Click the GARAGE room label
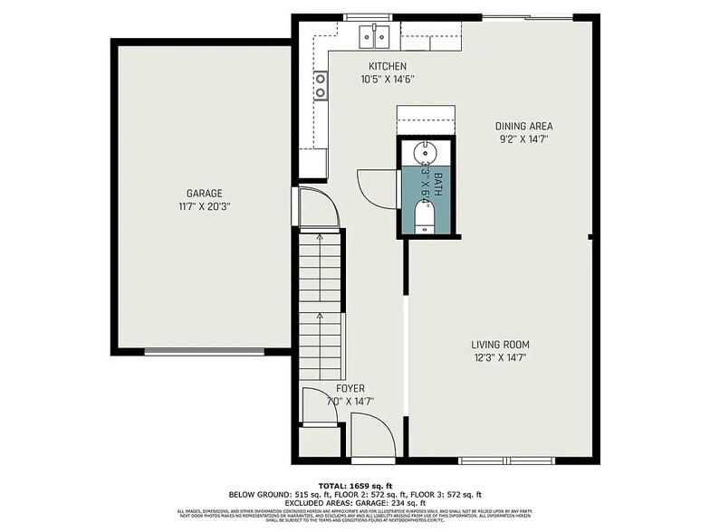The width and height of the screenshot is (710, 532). [x=204, y=193]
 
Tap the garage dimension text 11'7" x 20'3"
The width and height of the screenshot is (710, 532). [x=204, y=205]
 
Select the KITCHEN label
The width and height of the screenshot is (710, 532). [x=387, y=66]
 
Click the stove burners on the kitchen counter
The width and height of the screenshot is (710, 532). [x=321, y=86]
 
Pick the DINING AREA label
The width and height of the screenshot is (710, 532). [x=523, y=126]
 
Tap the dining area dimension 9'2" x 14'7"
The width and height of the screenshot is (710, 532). [x=523, y=138]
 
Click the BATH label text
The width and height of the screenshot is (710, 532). [x=437, y=184]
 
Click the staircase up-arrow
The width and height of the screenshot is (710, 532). [x=321, y=318]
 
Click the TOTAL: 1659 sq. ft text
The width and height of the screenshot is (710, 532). [x=355, y=486]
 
